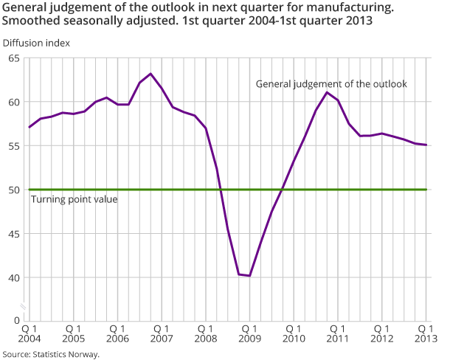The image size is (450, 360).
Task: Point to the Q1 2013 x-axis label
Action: tap(425, 333)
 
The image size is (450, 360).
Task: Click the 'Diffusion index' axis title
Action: tap(36, 43)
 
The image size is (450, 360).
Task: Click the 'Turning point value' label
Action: tap(74, 199)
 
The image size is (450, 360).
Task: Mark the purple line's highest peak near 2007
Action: tap(150, 74)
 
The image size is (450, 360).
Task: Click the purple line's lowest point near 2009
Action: tap(250, 276)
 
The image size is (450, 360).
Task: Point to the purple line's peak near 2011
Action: tap(328, 92)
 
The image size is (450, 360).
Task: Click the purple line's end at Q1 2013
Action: tap(426, 145)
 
